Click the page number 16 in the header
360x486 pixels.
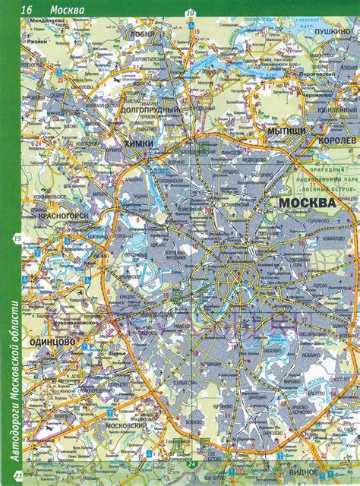(x=27, y=9)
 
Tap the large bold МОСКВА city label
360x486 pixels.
(x=307, y=204)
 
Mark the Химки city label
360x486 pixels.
(x=139, y=143)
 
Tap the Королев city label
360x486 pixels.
(x=335, y=141)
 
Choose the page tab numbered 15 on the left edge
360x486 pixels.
(x=16, y=240)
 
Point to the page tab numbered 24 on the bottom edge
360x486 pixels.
(x=192, y=478)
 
